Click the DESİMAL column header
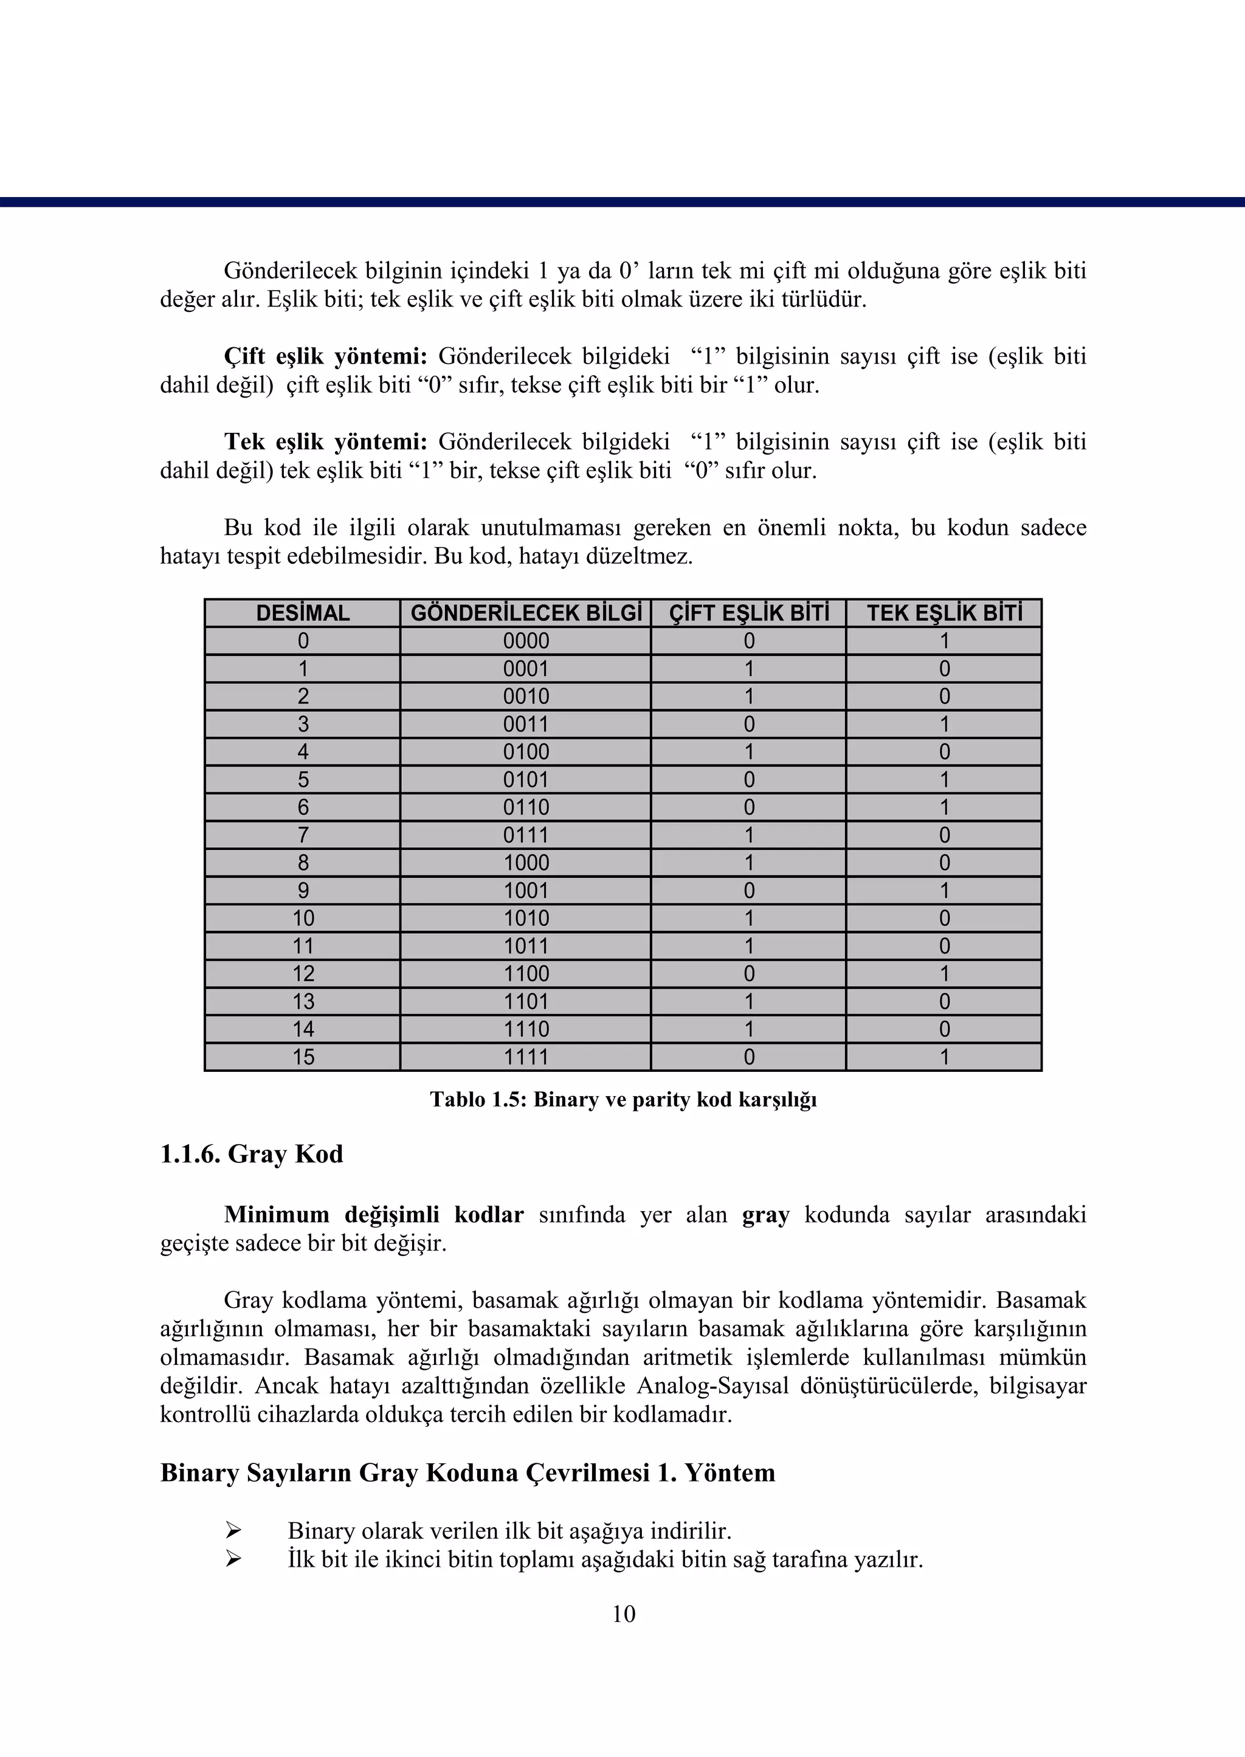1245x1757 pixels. pyautogui.click(x=303, y=613)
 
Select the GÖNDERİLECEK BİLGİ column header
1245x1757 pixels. pyautogui.click(x=526, y=613)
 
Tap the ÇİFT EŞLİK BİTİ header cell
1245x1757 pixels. pyautogui.click(x=749, y=613)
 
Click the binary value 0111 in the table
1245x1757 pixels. pyautogui.click(x=526, y=835)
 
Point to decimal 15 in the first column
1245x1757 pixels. pyautogui.click(x=303, y=1057)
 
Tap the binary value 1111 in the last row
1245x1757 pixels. pyautogui.click(x=526, y=1057)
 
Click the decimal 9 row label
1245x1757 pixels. pyautogui.click(x=303, y=891)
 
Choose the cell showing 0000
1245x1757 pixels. pyautogui.click(x=526, y=641)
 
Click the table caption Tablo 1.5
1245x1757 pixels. pyautogui.click(x=622, y=1099)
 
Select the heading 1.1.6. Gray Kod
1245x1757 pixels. pyautogui.click(x=252, y=1154)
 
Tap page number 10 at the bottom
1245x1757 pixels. pyautogui.click(x=623, y=1614)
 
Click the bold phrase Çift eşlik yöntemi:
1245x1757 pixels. pyautogui.click(x=325, y=356)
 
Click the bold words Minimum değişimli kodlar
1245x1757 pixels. pyautogui.click(x=373, y=1215)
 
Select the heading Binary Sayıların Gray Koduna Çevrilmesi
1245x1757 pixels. pyautogui.click(x=467, y=1472)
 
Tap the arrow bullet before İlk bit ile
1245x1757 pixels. pyautogui.click(x=233, y=1559)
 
